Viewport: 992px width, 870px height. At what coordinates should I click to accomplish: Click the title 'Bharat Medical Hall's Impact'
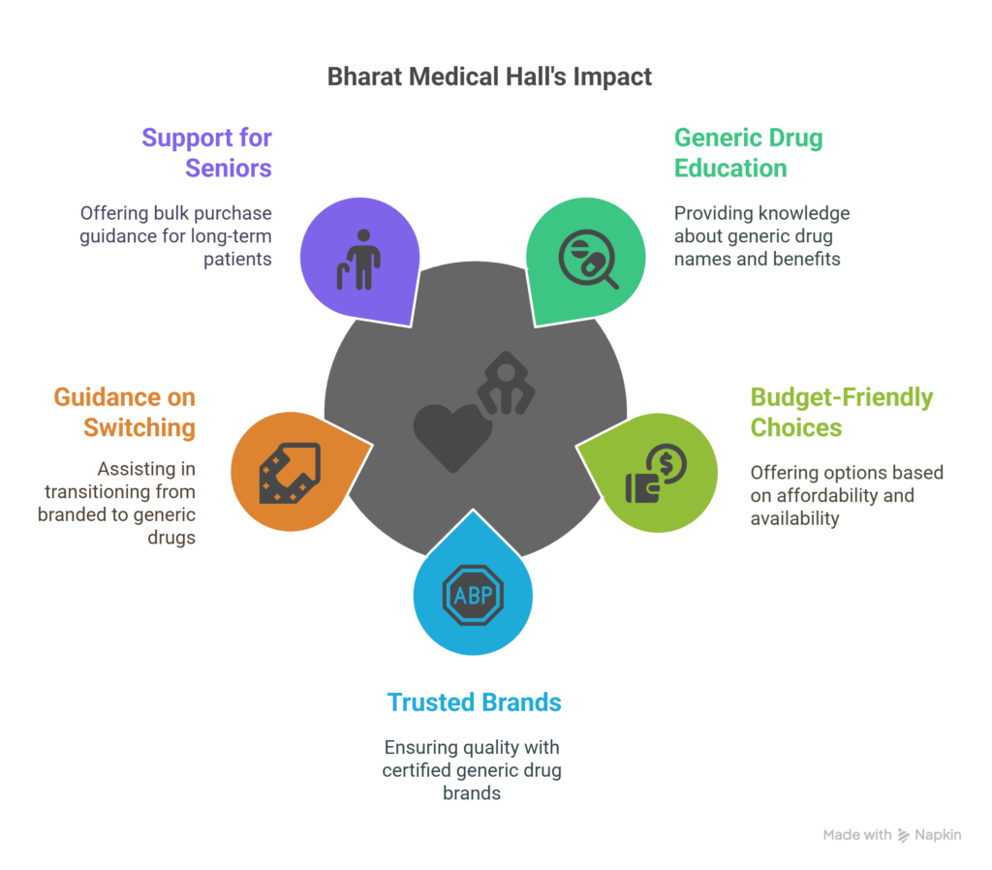pos(489,77)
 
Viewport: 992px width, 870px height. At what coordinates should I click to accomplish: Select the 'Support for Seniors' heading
pos(207,153)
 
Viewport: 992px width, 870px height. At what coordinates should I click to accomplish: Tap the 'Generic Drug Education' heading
pos(749,153)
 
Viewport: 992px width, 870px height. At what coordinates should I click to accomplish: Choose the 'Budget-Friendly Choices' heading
pos(842,412)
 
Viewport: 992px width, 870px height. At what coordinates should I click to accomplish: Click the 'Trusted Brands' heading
pos(474,702)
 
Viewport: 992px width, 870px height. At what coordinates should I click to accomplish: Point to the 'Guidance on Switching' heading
pos(125,412)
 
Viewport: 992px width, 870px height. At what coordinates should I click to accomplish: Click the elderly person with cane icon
pos(358,260)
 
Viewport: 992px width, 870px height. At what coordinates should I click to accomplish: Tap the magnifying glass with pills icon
pos(588,259)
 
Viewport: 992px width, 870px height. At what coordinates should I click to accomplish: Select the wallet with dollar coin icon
pos(656,474)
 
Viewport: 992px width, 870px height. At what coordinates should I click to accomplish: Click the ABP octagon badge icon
pos(473,595)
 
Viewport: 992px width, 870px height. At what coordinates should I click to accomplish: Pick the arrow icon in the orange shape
pos(291,473)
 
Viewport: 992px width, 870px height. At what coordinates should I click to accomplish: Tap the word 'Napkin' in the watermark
pos(938,834)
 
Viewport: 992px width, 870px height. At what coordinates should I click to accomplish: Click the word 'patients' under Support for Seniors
pos(237,260)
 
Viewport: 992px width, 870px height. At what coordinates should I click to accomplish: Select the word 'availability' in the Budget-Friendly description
pos(794,518)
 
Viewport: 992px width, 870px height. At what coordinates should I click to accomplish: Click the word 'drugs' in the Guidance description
pos(171,538)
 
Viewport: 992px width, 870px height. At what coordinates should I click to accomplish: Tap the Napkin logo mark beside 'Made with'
pos(904,835)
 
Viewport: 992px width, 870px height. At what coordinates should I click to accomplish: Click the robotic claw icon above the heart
pos(506,384)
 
